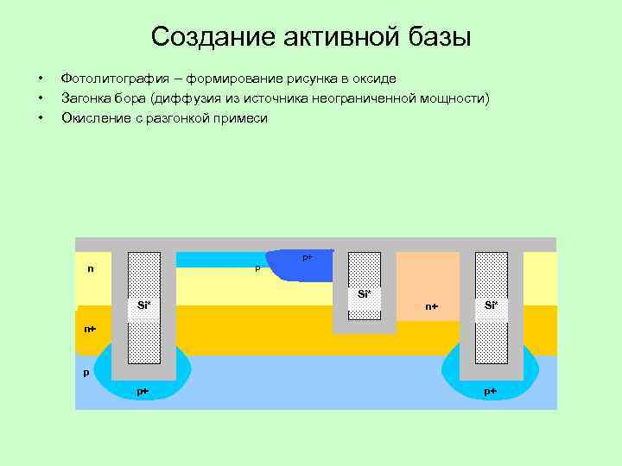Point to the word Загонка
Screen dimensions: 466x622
pyautogui.click(x=88, y=98)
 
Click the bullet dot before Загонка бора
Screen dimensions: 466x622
pyautogui.click(x=40, y=98)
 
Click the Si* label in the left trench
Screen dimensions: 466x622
pyautogui.click(x=144, y=305)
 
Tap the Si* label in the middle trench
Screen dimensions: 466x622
pyautogui.click(x=364, y=294)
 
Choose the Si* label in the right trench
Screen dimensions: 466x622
pyautogui.click(x=491, y=305)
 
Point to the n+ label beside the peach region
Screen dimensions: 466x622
pyautogui.click(x=432, y=306)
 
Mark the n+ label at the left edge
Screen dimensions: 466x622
pyautogui.click(x=90, y=329)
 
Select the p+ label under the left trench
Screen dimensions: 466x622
pyautogui.click(x=143, y=391)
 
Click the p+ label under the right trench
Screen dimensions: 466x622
pyautogui.click(x=490, y=391)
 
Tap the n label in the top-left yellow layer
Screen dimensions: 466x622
pyautogui.click(x=91, y=268)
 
